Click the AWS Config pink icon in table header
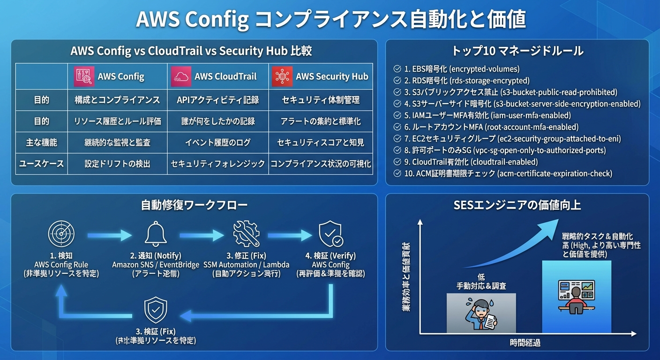(84, 77)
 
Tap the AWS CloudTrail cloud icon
(181, 77)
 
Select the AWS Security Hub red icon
(282, 77)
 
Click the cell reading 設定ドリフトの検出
(117, 164)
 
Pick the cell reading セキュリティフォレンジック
(217, 164)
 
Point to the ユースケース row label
(41, 164)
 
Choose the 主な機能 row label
(41, 142)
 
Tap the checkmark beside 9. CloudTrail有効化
(397, 162)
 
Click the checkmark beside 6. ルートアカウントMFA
(397, 127)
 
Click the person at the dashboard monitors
(576, 298)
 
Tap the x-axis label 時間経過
(525, 343)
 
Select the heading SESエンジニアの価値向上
(517, 205)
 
